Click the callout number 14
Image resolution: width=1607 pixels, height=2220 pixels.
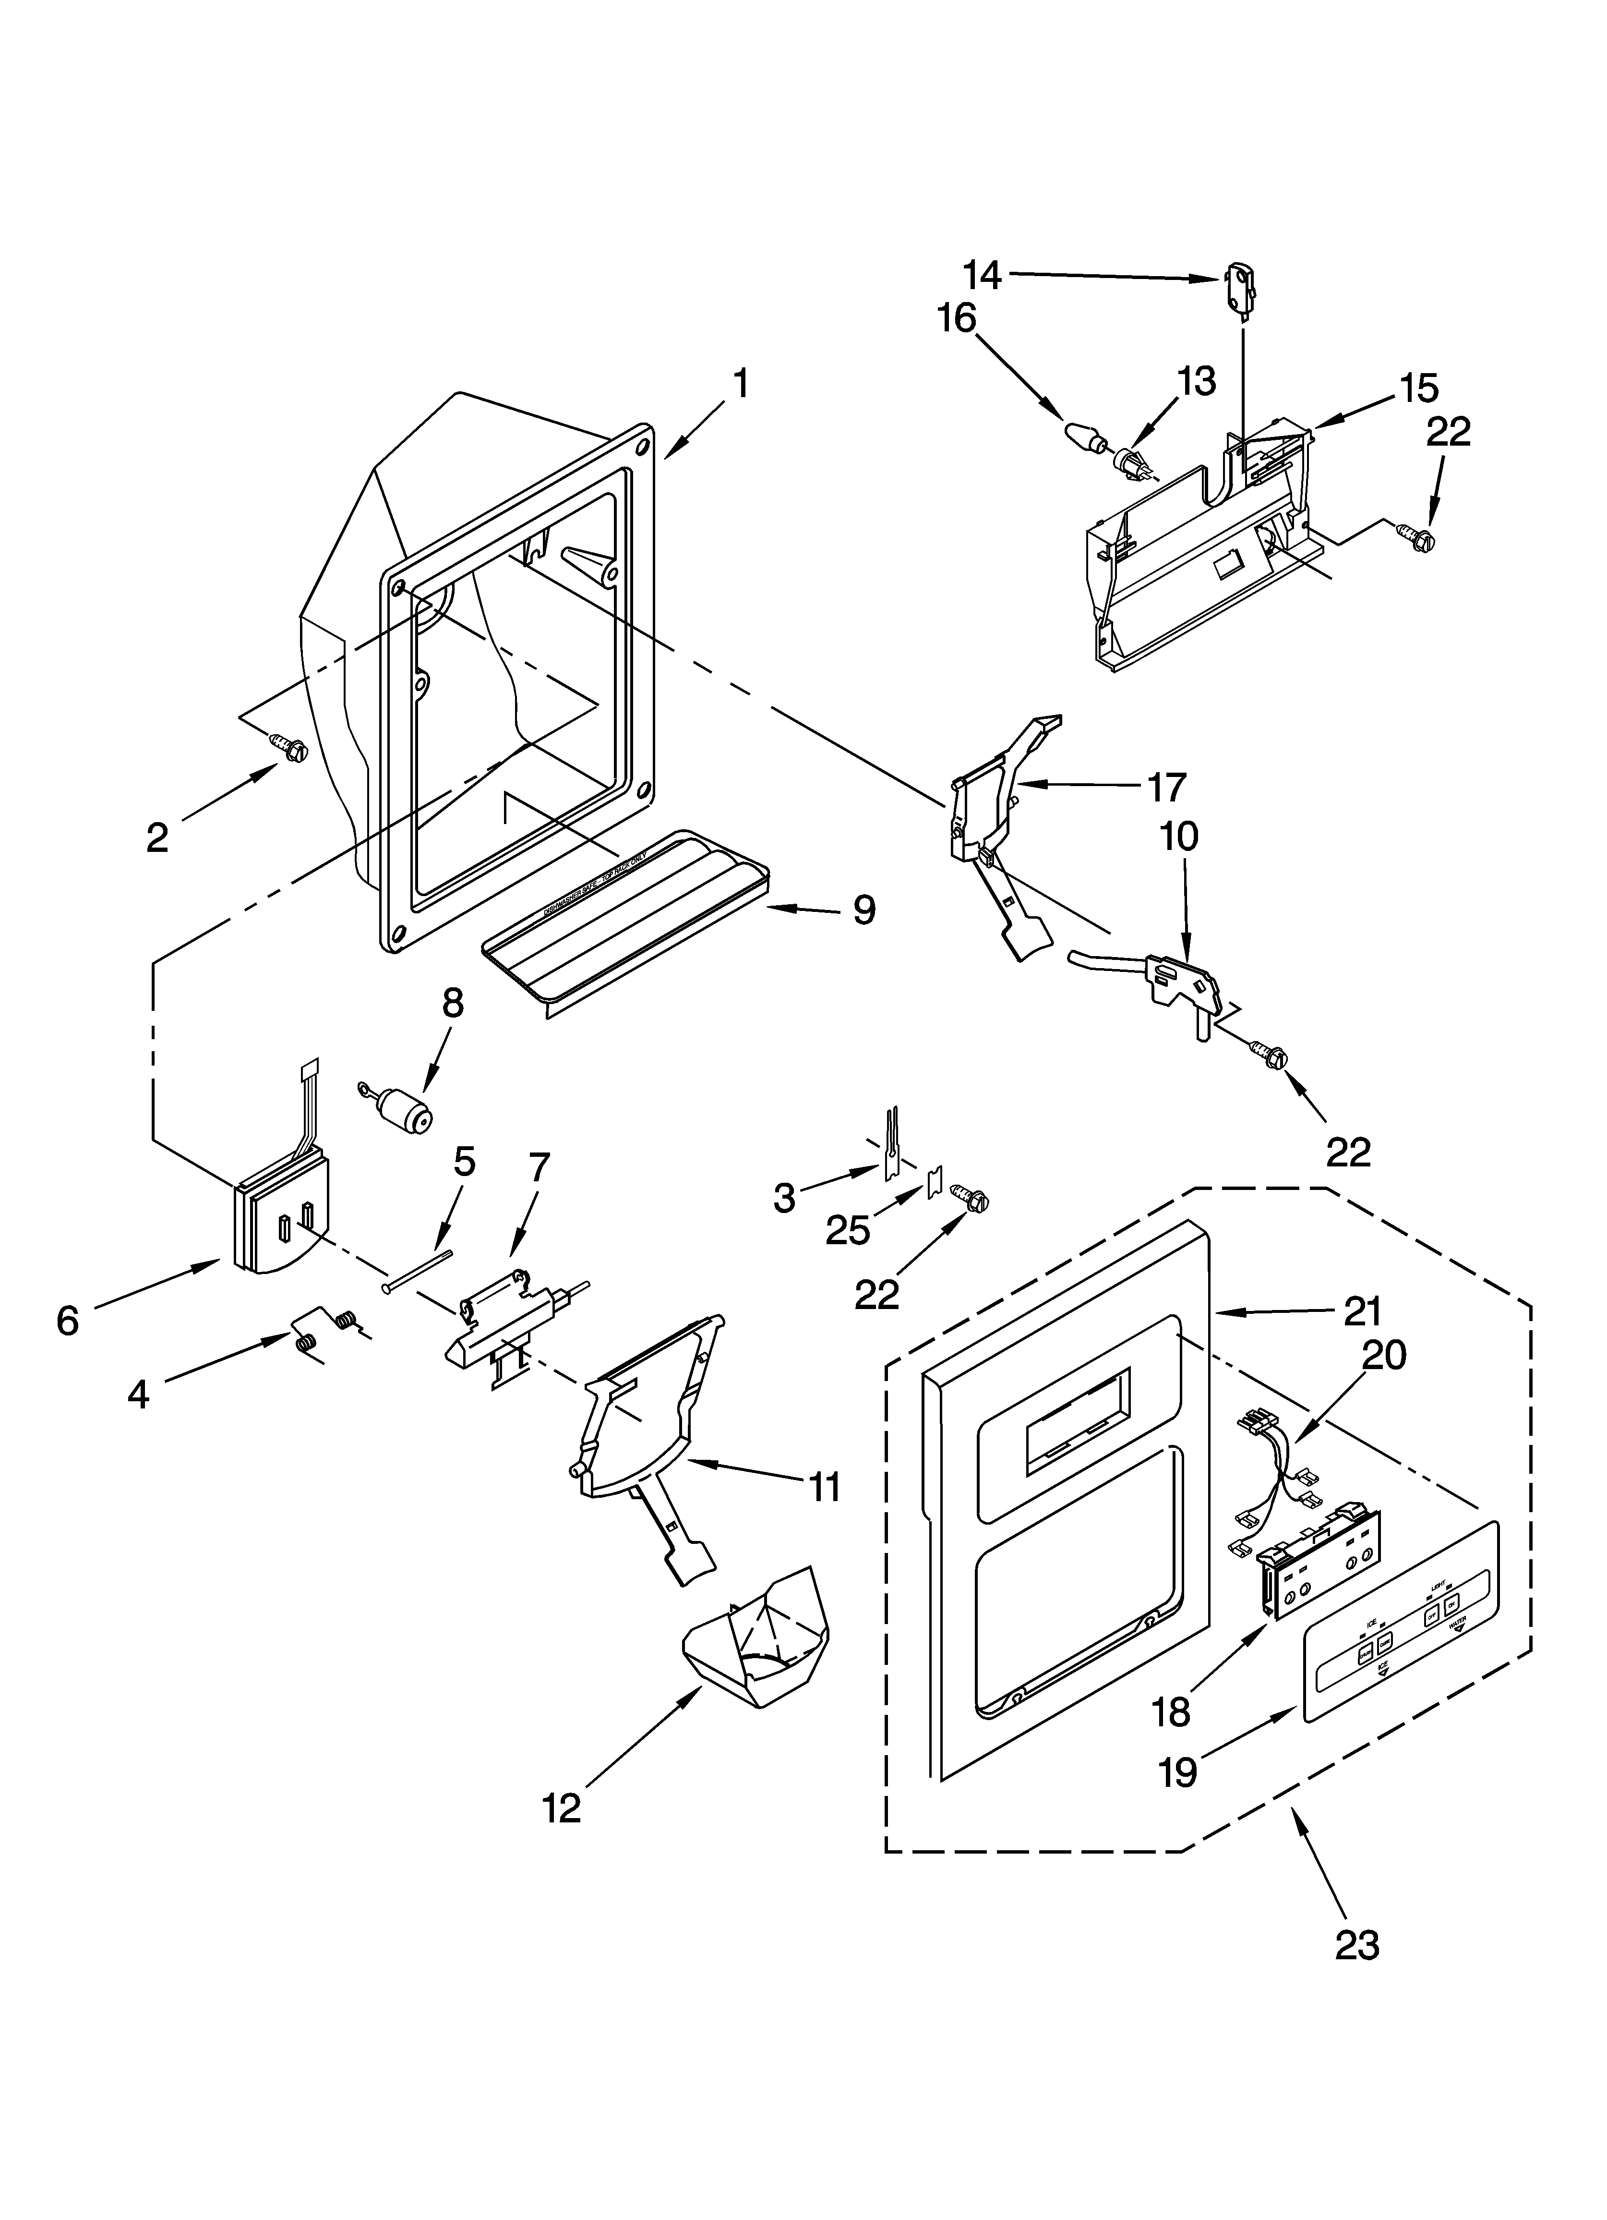(x=982, y=275)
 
